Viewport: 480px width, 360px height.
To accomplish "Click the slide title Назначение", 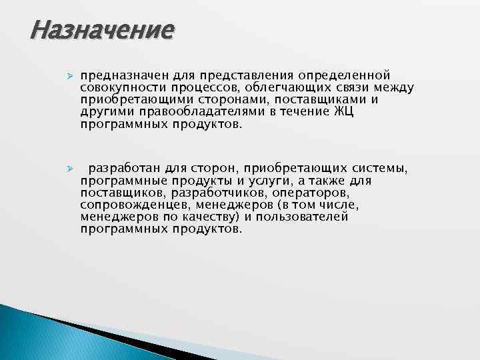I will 102,30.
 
